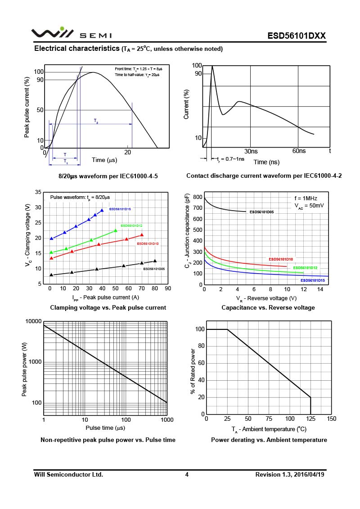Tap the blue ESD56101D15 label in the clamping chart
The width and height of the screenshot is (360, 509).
pos(120,209)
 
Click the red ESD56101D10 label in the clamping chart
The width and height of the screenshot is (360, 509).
pos(148,243)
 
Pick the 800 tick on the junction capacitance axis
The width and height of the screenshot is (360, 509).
pos(197,197)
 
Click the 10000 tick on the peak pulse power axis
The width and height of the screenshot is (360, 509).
pos(33,321)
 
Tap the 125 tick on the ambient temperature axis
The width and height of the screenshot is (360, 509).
pos(310,419)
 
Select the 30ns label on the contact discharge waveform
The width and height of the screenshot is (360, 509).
pos(251,151)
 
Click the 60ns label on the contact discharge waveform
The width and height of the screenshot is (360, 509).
pos(299,151)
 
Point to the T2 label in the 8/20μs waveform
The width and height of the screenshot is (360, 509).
pos(96,121)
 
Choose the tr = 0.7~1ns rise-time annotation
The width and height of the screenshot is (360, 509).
pos(230,159)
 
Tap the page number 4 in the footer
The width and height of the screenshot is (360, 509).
pos(187,474)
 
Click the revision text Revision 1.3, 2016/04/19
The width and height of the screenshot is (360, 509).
pos(290,474)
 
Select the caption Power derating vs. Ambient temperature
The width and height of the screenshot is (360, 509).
pos(269,440)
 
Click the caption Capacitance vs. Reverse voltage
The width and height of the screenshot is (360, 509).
pos(268,307)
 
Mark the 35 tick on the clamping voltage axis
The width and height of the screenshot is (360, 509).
pos(38,192)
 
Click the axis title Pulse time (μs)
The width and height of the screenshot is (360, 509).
pos(105,428)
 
